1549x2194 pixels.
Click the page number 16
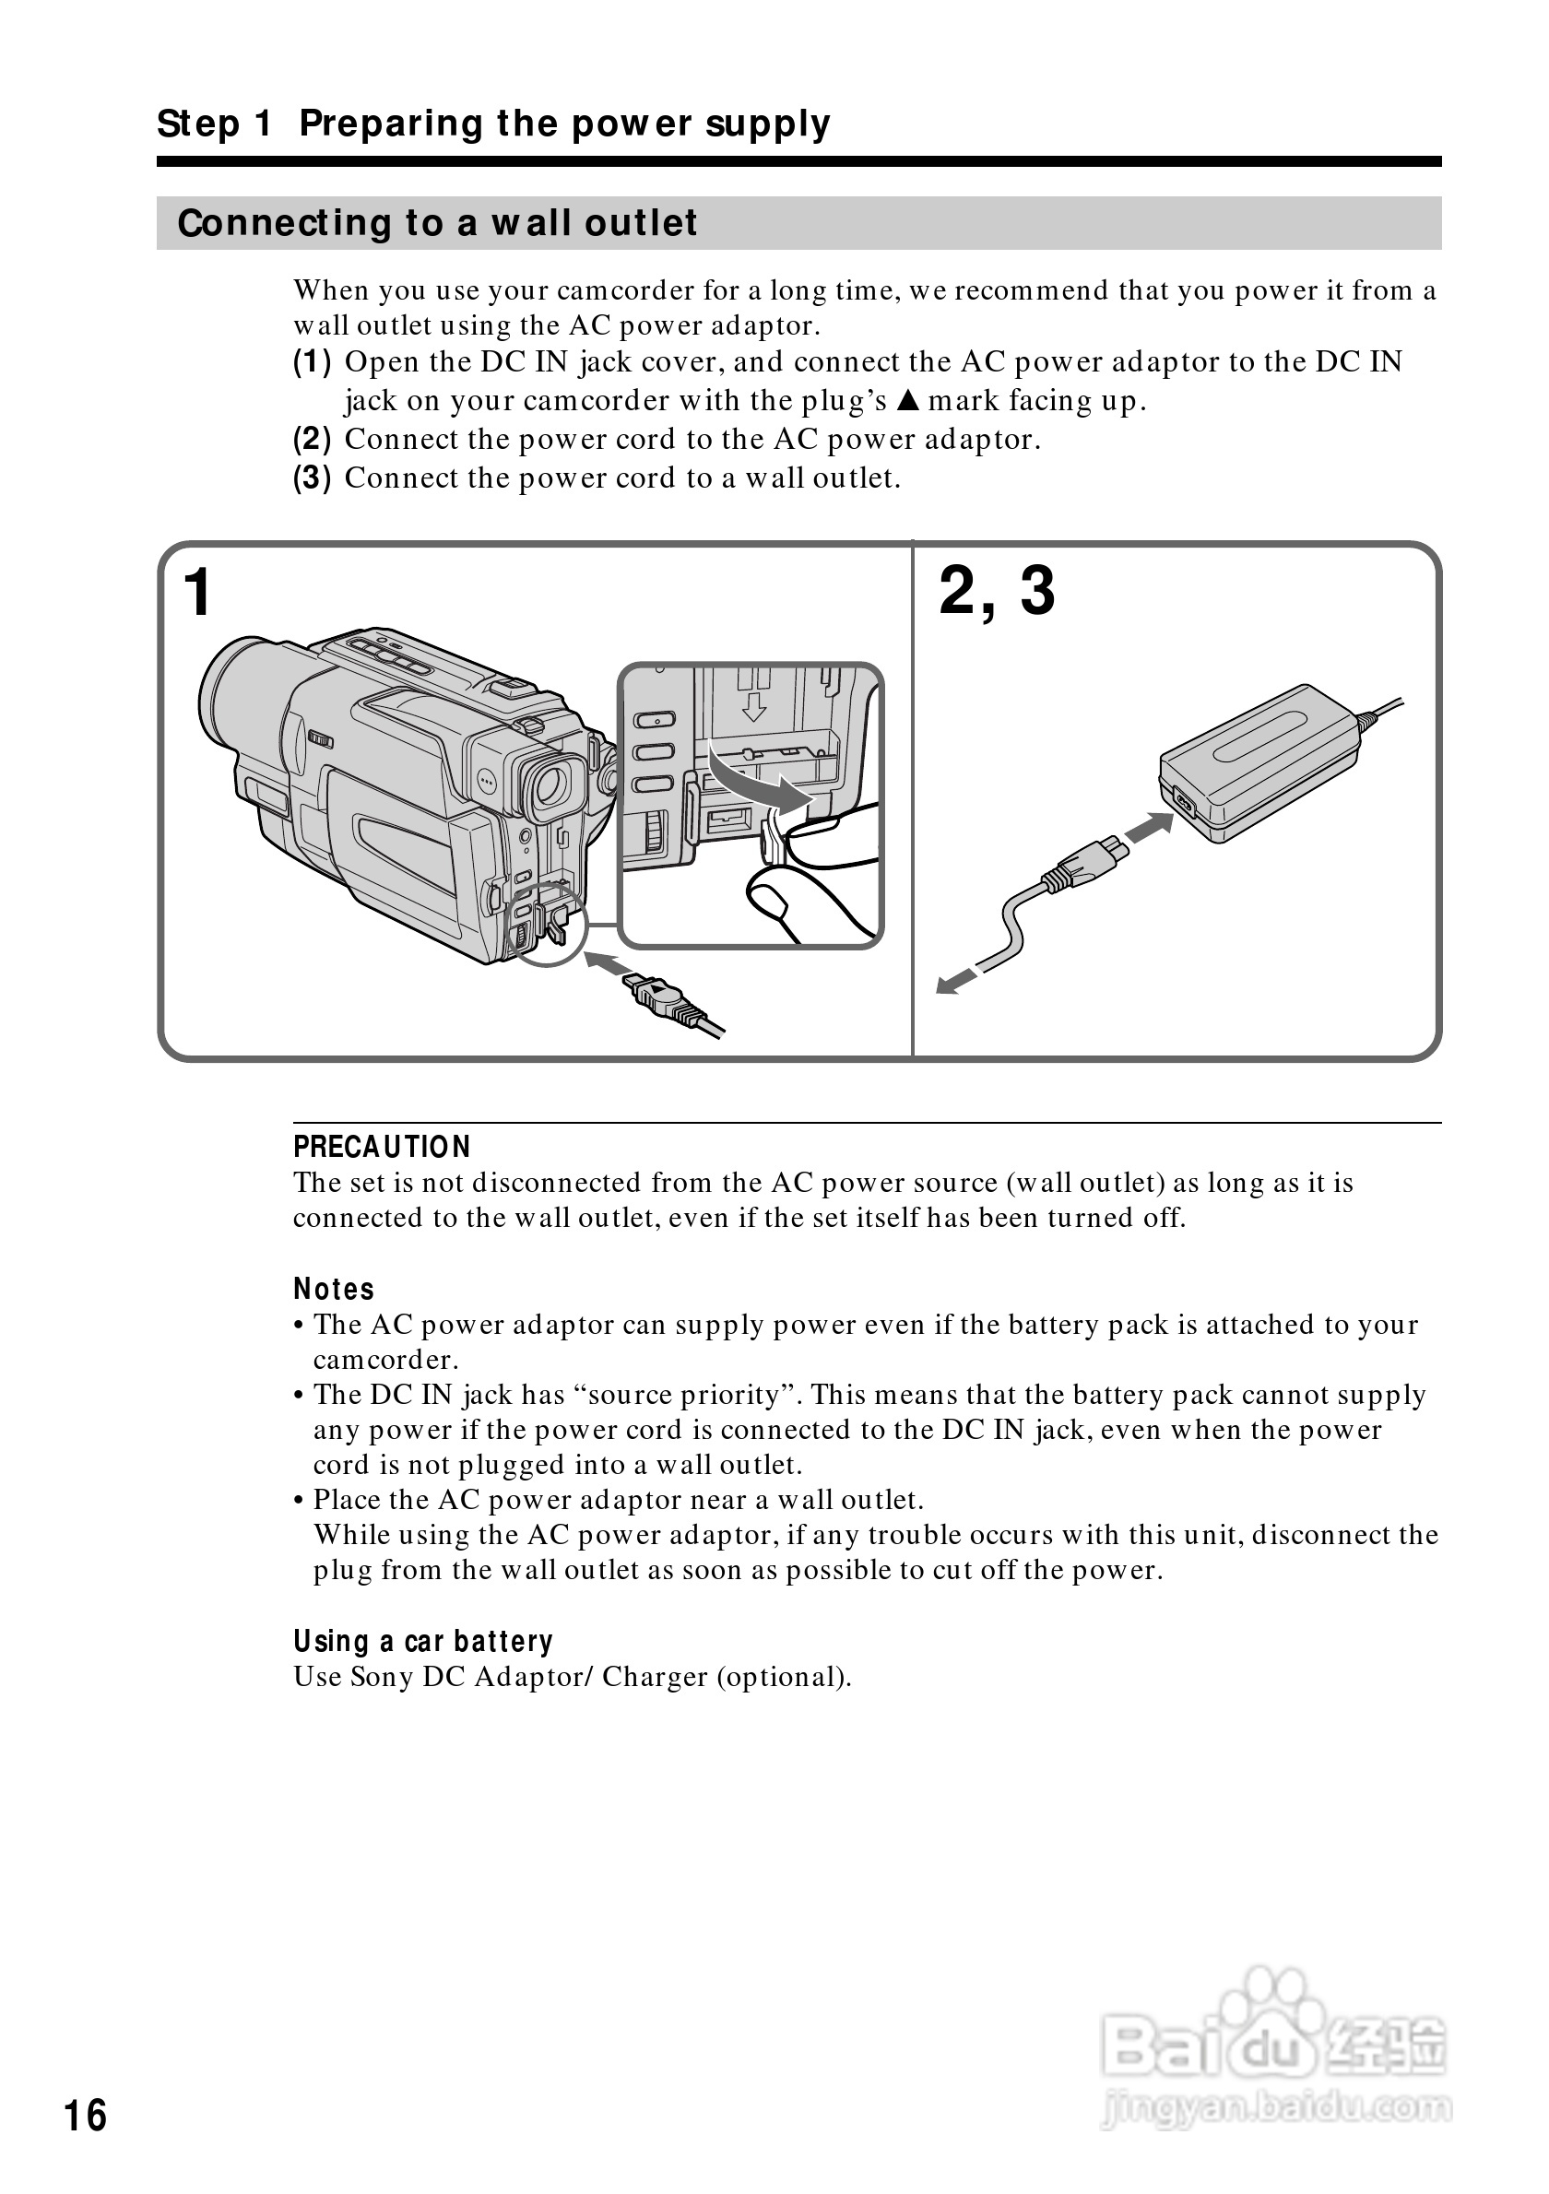pos(85,2116)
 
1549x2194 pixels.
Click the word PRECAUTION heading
pos(382,1147)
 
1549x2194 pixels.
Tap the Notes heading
pos(334,1289)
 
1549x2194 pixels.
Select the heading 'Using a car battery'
pos(422,1642)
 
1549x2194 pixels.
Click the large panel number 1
pos(196,593)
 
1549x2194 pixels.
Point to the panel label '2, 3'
pos(997,591)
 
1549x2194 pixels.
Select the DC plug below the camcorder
pos(659,998)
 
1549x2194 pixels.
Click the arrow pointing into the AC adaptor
pos(1149,828)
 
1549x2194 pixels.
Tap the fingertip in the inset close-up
pos(770,897)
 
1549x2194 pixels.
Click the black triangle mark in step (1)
pos(908,400)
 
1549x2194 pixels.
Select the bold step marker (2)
pos(312,440)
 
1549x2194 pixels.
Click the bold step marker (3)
pos(312,478)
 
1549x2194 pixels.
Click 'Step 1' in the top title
pos(214,124)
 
